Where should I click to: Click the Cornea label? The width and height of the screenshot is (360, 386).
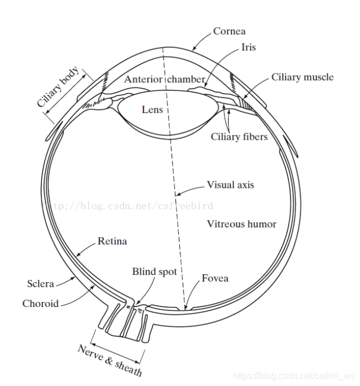click(x=229, y=32)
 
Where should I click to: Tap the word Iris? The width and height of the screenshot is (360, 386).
click(x=248, y=47)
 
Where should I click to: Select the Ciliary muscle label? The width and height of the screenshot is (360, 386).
click(x=302, y=77)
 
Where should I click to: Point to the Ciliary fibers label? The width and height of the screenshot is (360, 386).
click(x=239, y=137)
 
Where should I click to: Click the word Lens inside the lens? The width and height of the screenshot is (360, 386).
click(x=152, y=109)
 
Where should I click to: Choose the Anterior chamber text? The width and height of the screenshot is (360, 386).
click(x=164, y=79)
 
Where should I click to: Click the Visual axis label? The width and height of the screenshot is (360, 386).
click(x=230, y=185)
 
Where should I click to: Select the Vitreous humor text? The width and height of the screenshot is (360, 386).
click(x=242, y=224)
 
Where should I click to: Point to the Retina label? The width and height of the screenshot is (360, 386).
click(x=112, y=242)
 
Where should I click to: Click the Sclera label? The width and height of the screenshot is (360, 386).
click(x=41, y=283)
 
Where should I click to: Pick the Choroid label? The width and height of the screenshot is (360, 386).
click(x=41, y=304)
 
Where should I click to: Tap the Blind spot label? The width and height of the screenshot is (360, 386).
click(x=155, y=272)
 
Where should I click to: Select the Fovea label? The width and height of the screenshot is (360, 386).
click(x=215, y=278)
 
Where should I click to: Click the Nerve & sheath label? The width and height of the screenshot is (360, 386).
click(x=109, y=359)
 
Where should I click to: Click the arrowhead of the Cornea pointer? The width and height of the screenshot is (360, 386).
click(x=192, y=50)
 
